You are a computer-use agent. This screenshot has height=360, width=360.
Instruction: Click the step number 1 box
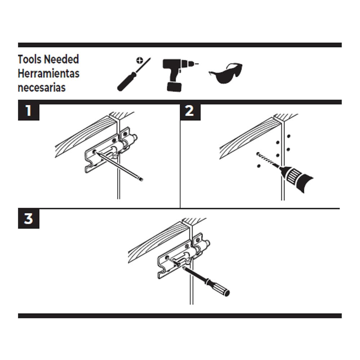coord(28,111)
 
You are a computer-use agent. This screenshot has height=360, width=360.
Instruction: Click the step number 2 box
coord(189,111)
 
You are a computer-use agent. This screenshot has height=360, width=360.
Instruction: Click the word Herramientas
coord(49,73)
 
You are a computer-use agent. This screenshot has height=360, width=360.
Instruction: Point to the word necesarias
coord(42,87)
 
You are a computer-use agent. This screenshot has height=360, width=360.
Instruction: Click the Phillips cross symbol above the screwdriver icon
coord(139,60)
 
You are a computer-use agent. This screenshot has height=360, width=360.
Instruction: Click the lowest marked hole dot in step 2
coord(258,166)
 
